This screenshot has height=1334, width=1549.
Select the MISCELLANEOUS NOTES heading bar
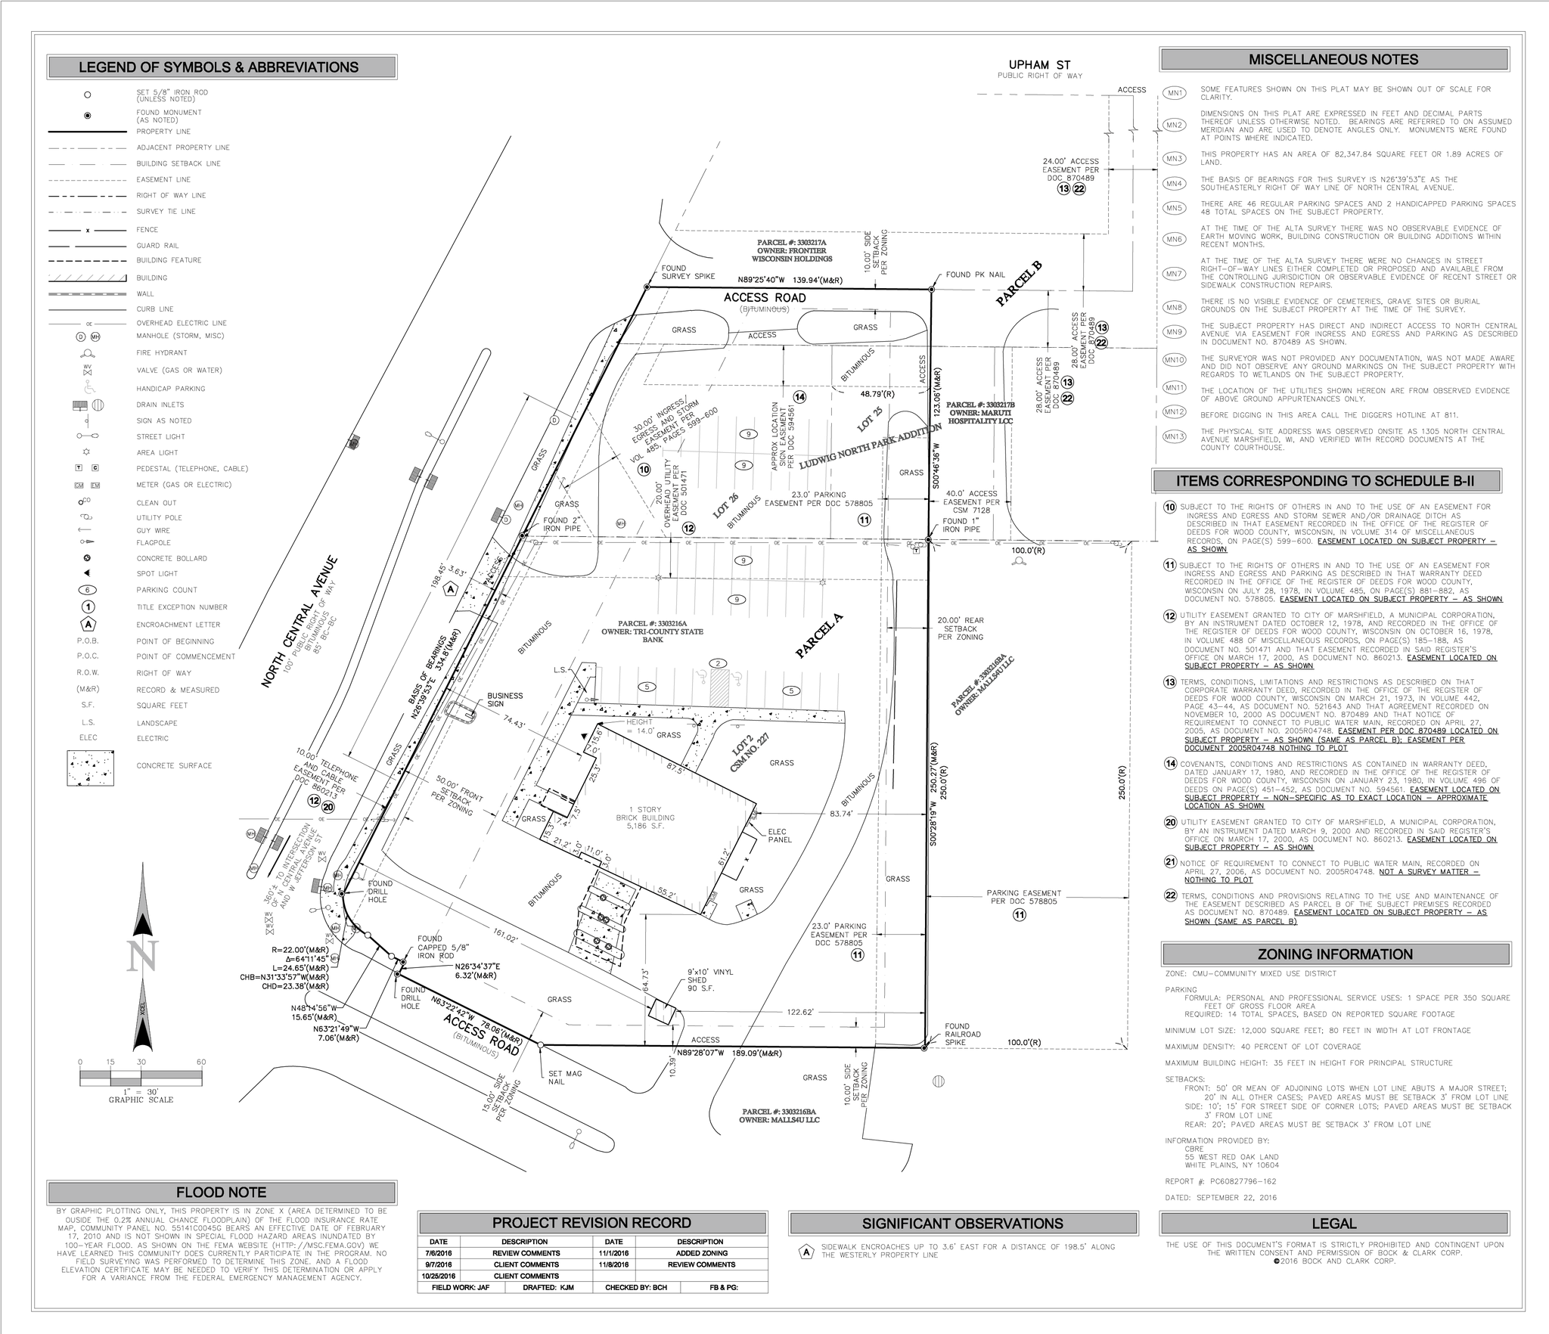pos(1333,60)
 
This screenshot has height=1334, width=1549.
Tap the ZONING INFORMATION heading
pos(1335,954)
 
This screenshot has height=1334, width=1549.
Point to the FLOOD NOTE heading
pos(221,1193)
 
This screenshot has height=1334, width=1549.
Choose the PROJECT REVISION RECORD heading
pos(591,1223)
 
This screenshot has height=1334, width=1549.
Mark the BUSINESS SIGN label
pos(504,700)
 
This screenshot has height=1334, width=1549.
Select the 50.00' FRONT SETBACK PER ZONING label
pos(455,795)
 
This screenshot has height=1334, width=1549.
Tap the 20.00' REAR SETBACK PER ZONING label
pos(961,628)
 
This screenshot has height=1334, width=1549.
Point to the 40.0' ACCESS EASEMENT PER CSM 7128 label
pos(972,501)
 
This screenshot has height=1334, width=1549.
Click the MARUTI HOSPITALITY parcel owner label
pos(980,413)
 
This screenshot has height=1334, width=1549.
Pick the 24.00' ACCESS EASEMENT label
pos(1070,170)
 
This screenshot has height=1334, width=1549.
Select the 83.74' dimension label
pos(841,814)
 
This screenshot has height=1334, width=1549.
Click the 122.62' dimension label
pos(800,1012)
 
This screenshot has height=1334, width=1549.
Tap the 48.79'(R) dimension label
pos(877,394)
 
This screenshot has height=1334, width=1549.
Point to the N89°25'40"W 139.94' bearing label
pos(790,280)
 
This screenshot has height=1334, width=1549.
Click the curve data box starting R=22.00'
pos(285,967)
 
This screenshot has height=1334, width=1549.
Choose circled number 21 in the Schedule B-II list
pos(1170,861)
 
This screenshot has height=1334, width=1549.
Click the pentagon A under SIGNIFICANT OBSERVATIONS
pos(807,1252)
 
